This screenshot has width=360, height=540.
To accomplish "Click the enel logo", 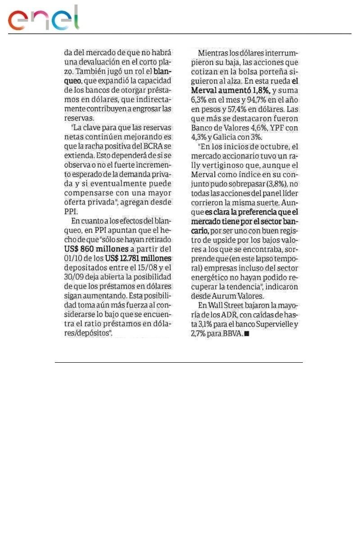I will pyautogui.click(x=43, y=19).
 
